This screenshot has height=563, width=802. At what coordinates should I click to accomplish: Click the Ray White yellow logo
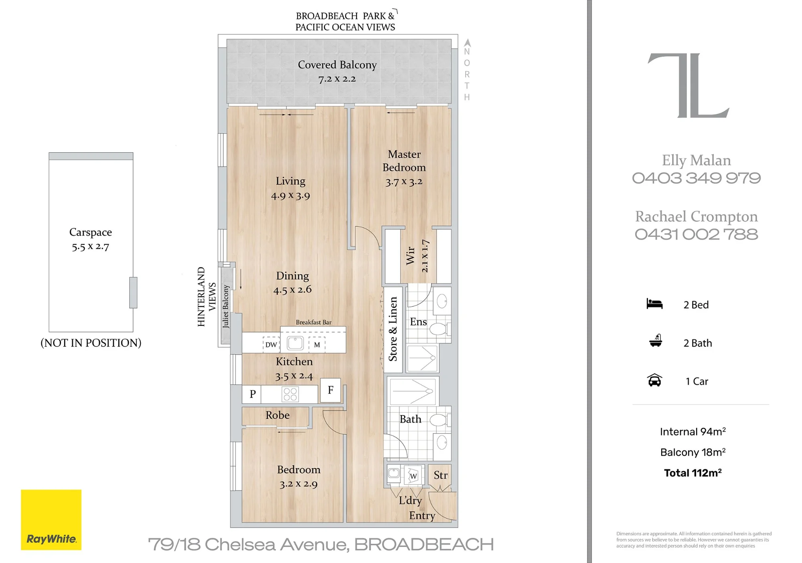(51, 520)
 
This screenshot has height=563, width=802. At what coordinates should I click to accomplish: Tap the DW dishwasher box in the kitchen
(271, 344)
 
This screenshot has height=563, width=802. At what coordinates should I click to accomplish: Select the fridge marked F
(330, 390)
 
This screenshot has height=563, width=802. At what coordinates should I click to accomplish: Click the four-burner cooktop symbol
(290, 394)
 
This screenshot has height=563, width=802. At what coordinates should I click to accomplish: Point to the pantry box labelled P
(252, 394)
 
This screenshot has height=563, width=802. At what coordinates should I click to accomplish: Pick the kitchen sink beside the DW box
(296, 343)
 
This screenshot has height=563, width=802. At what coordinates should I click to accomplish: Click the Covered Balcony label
(337, 65)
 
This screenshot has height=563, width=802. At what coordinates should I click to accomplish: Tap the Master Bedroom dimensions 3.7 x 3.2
(404, 182)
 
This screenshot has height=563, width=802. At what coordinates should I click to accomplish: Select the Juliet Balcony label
(226, 307)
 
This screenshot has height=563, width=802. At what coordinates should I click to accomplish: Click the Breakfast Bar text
(314, 322)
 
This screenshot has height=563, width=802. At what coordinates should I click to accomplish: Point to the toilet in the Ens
(439, 329)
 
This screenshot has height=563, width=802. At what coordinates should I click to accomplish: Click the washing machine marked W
(413, 475)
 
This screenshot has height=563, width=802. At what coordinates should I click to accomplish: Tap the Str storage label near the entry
(440, 475)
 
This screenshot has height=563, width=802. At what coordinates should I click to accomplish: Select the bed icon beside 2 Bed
(654, 304)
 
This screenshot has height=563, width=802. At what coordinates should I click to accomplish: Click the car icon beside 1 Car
(654, 380)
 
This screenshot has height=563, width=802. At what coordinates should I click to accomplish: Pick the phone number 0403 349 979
(697, 178)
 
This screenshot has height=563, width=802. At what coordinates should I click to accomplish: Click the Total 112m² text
(693, 473)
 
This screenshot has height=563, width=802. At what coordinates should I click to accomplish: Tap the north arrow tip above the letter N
(467, 39)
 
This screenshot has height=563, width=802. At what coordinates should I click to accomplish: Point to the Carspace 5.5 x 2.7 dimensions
(91, 246)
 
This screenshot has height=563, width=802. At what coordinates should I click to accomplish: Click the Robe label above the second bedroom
(277, 415)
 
